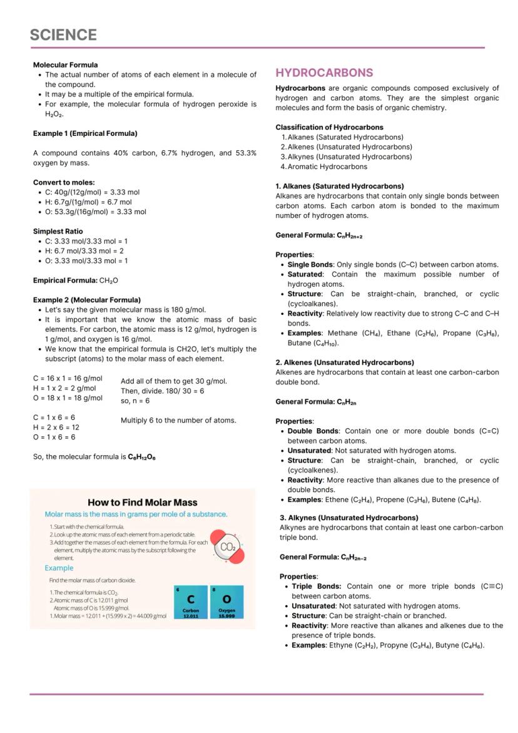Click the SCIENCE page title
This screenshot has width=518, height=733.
(x=63, y=35)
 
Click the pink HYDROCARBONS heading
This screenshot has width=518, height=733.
(x=324, y=73)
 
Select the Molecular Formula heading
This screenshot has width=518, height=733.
(x=65, y=64)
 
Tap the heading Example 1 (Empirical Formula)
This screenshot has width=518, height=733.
(x=85, y=133)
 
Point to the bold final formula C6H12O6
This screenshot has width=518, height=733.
(x=141, y=457)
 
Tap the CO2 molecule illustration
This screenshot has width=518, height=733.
(x=228, y=546)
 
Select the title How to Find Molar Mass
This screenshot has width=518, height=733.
(x=142, y=502)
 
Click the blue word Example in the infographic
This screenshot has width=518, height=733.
(x=59, y=568)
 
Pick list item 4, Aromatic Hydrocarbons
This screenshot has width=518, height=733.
(x=327, y=167)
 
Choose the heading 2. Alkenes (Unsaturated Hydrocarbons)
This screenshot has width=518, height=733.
(x=345, y=362)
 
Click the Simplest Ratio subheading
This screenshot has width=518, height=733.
(x=58, y=231)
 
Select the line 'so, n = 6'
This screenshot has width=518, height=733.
(x=135, y=401)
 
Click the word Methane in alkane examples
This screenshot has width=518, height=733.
(x=342, y=333)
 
